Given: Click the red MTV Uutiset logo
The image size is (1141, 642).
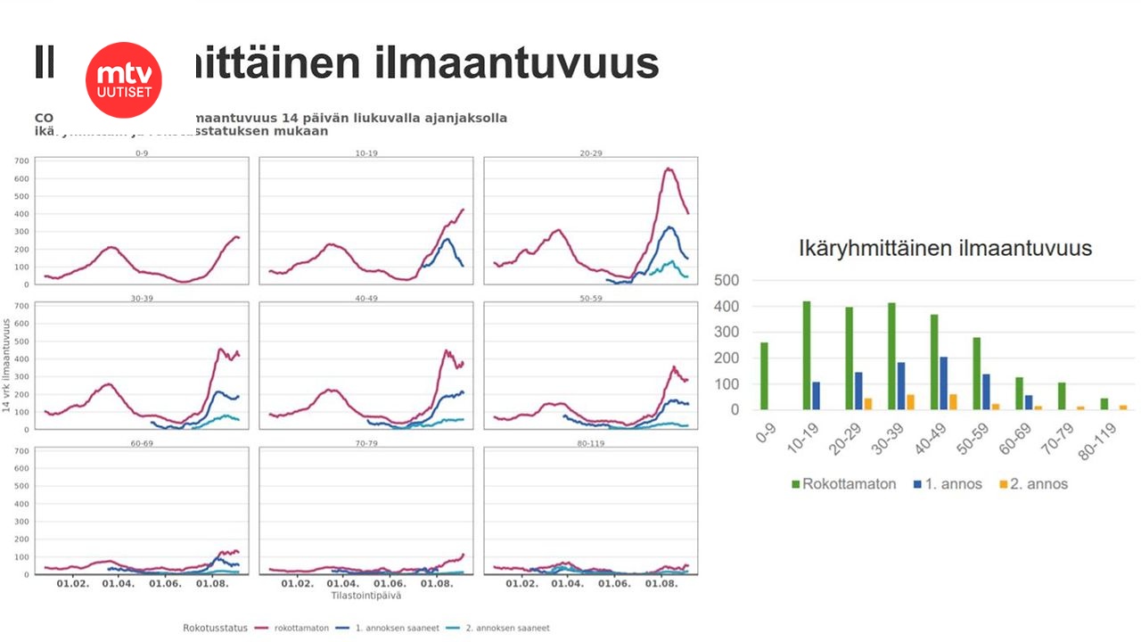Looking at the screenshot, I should [124, 79].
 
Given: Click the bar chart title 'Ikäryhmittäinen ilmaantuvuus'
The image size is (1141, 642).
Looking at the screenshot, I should [945, 248].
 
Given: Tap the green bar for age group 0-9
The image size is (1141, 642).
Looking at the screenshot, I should [764, 375].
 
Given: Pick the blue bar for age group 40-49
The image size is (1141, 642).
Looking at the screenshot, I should [944, 383].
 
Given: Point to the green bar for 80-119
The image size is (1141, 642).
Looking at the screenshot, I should [1104, 403].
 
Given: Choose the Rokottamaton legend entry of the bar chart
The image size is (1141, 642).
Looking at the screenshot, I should [842, 484].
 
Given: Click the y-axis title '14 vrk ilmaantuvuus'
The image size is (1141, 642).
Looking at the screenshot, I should [7, 366].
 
